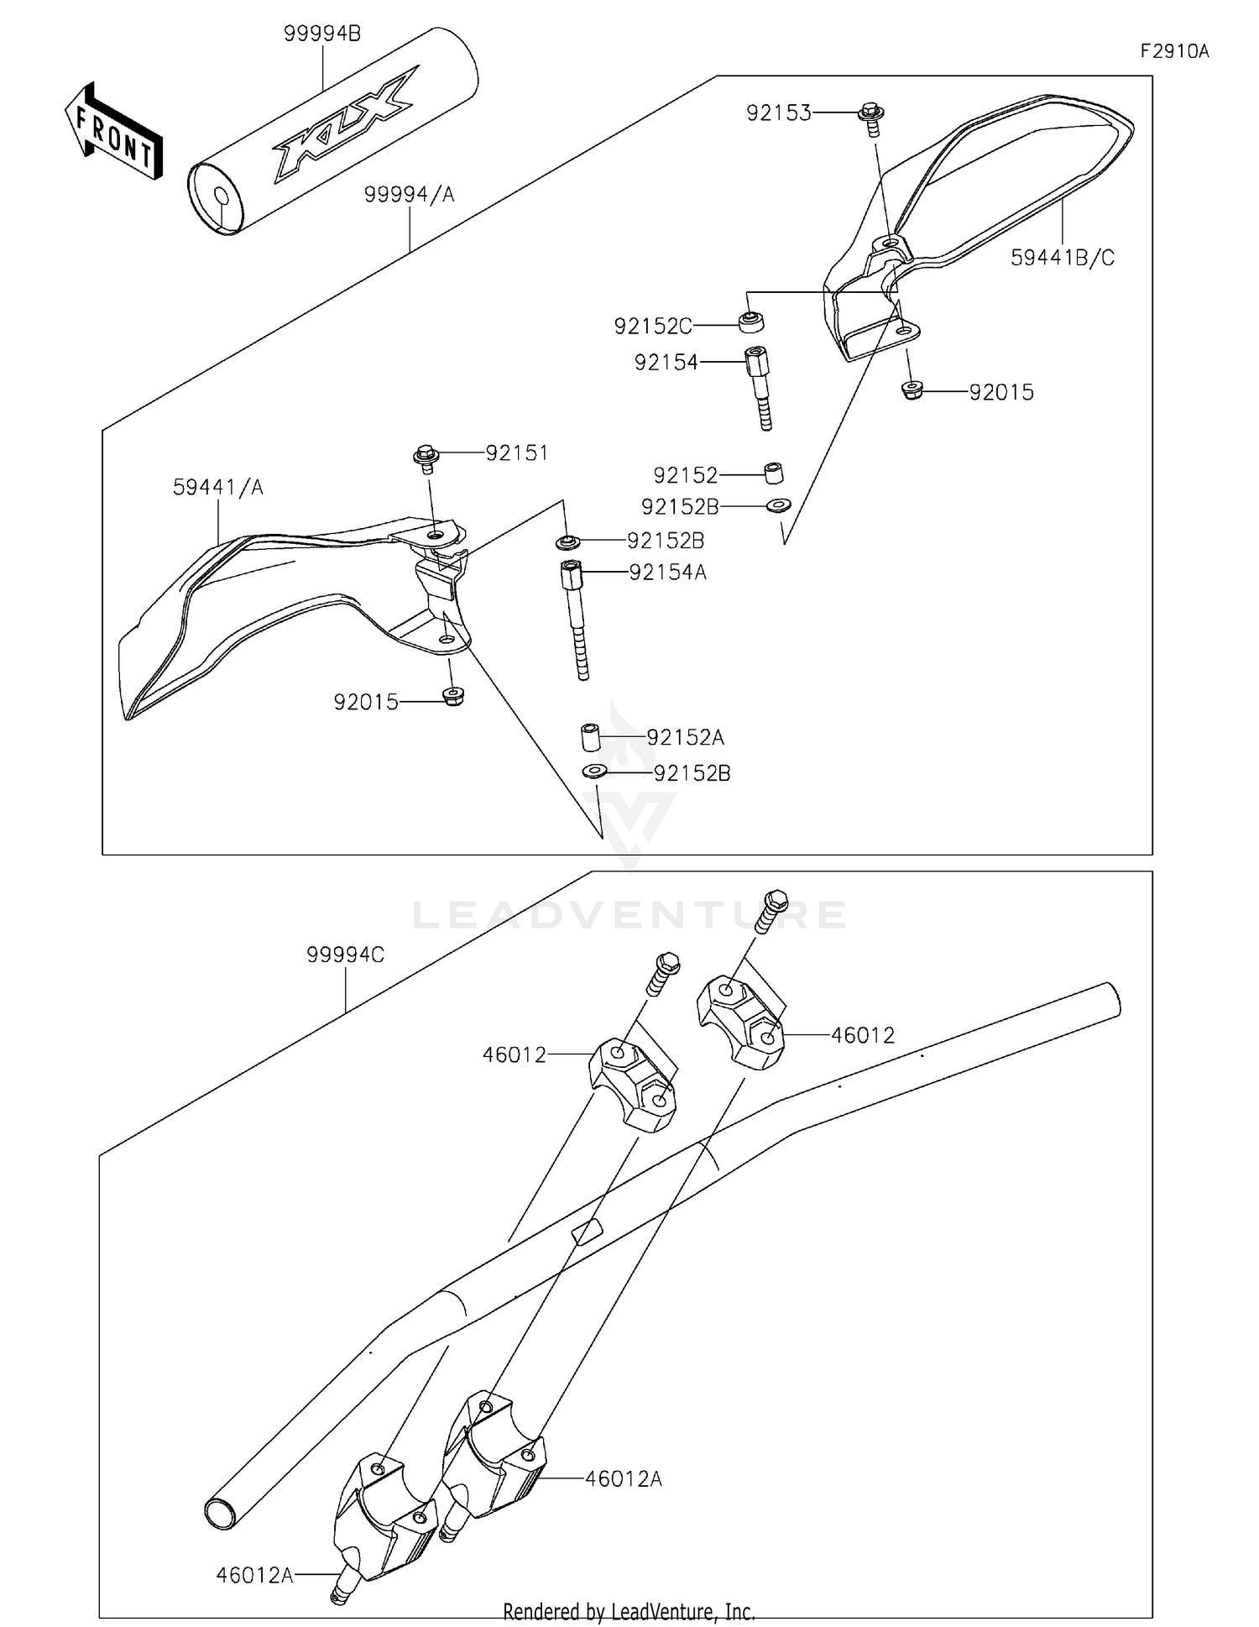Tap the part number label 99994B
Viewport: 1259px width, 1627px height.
[322, 34]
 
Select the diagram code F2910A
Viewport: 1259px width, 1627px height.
[1173, 51]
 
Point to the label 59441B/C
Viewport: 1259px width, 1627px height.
[1062, 258]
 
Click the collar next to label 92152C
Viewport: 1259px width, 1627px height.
[751, 322]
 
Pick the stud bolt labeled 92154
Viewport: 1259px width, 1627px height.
[760, 386]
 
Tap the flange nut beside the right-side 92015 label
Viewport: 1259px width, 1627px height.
[912, 390]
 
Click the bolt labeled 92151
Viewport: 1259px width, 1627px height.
[426, 458]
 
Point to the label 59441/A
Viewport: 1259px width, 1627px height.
[217, 487]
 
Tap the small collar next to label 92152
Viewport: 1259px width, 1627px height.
[774, 473]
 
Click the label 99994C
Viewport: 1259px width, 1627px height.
[345, 955]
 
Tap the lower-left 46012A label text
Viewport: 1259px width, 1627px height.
[254, 1576]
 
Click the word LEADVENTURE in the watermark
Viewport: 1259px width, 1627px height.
[629, 915]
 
